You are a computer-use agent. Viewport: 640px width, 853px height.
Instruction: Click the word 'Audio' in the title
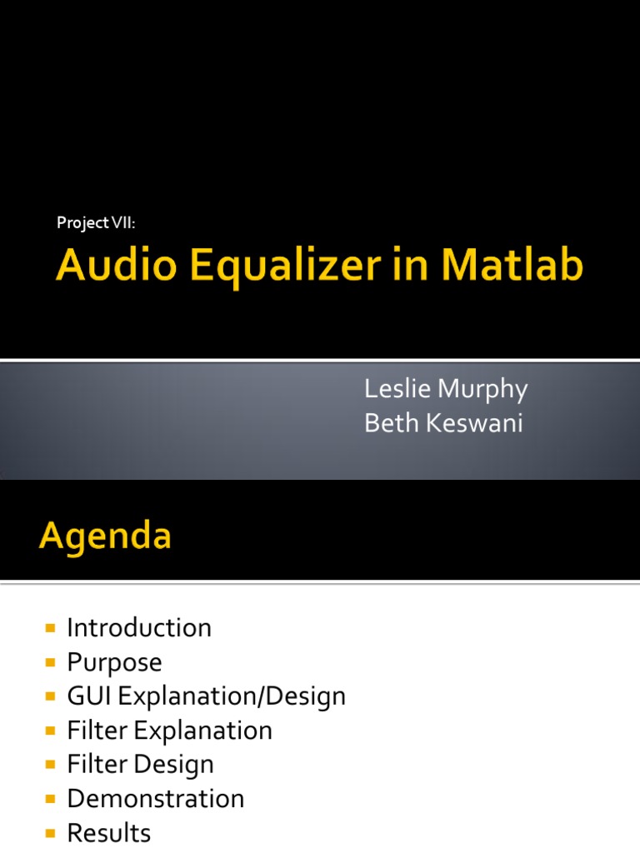[x=116, y=268]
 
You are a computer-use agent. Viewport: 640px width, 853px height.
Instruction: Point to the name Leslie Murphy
[x=446, y=389]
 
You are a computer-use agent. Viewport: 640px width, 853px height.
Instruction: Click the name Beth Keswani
[x=443, y=423]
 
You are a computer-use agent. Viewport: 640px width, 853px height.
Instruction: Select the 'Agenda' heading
[x=105, y=536]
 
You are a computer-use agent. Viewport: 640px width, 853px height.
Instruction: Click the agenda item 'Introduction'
[x=139, y=627]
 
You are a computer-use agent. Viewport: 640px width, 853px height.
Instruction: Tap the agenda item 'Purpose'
[x=114, y=662]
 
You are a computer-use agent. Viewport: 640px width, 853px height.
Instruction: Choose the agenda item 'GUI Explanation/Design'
[x=206, y=696]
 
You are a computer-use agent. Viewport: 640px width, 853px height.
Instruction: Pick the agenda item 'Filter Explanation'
[x=169, y=731]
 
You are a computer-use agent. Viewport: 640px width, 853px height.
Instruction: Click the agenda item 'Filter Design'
[x=140, y=764]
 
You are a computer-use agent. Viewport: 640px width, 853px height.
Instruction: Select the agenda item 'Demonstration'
[x=155, y=799]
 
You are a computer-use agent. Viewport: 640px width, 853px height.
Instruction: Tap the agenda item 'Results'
[x=108, y=833]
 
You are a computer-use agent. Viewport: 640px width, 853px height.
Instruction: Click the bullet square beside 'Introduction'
[x=51, y=628]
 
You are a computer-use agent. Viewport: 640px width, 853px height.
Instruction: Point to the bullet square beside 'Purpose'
[x=51, y=662]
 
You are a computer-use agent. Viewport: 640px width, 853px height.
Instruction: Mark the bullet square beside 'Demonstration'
[x=51, y=799]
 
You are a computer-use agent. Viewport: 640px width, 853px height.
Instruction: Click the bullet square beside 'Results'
[x=51, y=833]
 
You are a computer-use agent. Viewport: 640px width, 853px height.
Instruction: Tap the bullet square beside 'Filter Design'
[x=51, y=765]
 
